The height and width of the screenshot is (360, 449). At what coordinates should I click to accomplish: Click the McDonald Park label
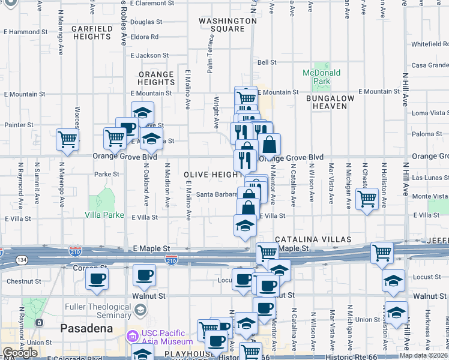[321, 77]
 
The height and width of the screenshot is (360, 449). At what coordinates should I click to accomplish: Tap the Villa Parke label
[104, 215]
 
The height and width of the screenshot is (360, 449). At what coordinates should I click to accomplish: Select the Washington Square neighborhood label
[221, 24]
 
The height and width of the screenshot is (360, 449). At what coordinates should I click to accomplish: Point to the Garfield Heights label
[91, 32]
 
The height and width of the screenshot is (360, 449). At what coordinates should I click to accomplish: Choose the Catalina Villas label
[313, 239]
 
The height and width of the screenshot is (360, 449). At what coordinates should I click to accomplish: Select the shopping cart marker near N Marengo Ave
[68, 139]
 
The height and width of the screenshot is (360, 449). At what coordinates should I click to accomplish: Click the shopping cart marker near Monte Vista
[367, 199]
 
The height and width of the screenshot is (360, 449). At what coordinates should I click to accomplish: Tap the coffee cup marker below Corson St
[96, 278]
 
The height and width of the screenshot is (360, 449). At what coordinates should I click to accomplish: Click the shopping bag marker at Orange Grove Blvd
[270, 145]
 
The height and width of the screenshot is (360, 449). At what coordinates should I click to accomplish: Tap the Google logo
[20, 353]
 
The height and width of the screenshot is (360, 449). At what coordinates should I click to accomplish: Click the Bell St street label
[267, 62]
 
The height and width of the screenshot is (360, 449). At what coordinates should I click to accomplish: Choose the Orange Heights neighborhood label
[156, 79]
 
